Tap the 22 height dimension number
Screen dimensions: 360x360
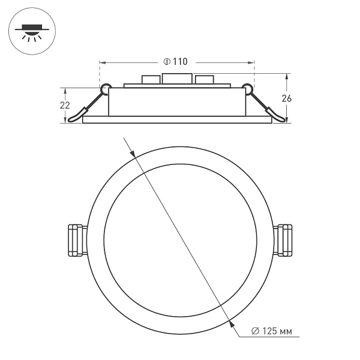[64, 105]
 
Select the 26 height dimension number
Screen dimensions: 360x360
[287, 99]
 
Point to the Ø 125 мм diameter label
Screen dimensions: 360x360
[272, 331]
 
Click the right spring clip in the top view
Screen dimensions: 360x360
[284, 240]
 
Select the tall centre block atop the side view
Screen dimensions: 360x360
[177, 79]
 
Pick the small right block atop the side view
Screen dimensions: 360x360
[204, 79]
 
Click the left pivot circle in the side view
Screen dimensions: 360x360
[106, 89]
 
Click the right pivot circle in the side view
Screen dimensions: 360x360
[247, 89]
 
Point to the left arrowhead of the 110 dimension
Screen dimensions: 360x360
[102, 62]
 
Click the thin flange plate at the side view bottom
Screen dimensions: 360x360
[177, 119]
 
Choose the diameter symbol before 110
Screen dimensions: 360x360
[166, 62]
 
